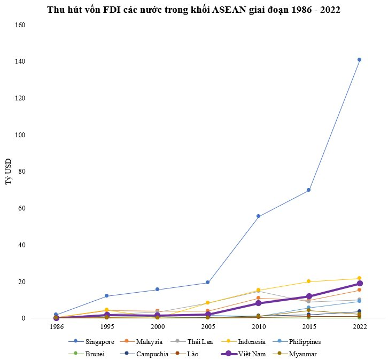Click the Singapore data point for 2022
(359, 59)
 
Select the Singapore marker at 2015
(308, 190)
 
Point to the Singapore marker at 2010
(258, 216)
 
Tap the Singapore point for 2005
(207, 283)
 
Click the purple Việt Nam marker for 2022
(359, 284)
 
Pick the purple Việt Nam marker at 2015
(308, 296)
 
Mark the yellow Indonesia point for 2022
(359, 278)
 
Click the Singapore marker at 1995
(106, 296)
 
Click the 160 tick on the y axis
(19, 25)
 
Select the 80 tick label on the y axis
(21, 171)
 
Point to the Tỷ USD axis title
(9, 171)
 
